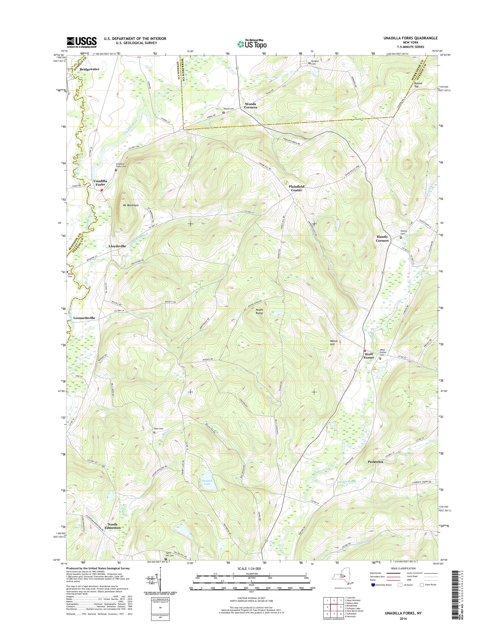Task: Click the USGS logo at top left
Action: pyautogui.click(x=81, y=42)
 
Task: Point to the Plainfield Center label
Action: pyautogui.click(x=297, y=188)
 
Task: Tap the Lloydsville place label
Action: pyautogui.click(x=117, y=246)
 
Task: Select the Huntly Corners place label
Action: pyautogui.click(x=382, y=239)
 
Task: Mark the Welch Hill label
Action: pyautogui.click(x=333, y=342)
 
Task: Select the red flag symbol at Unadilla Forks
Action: pyautogui.click(x=102, y=190)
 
